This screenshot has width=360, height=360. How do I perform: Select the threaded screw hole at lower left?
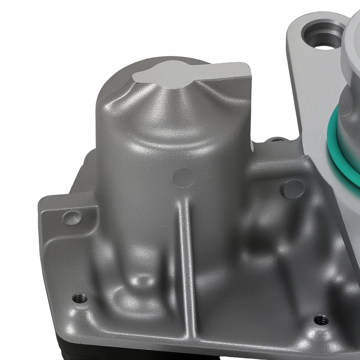[80, 298]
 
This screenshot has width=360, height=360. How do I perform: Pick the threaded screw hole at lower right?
[321, 320]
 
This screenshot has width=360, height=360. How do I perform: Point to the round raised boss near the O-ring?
[292, 189]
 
